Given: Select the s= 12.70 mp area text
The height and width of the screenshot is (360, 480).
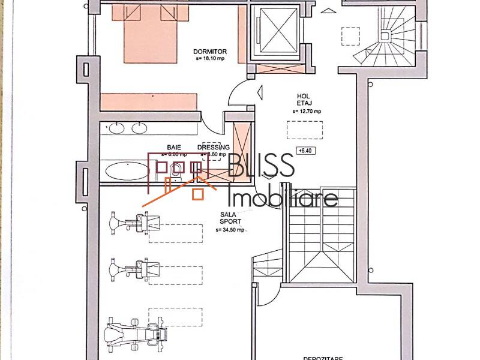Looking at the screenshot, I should tap(307, 111).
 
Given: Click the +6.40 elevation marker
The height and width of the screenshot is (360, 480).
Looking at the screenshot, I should tap(305, 151).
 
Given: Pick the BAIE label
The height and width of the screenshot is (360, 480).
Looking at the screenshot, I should tap(174, 147).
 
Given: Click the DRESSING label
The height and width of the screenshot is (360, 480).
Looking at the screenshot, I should tap(213, 147).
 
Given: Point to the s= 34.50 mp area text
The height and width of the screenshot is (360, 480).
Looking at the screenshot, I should tap(231, 230).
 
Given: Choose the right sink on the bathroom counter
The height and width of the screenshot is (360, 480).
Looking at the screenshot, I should tap(140, 127).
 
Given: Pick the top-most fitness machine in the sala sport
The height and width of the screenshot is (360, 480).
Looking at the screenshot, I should tap(135, 224).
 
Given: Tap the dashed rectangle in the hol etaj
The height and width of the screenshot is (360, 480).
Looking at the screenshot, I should tap(305, 130).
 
